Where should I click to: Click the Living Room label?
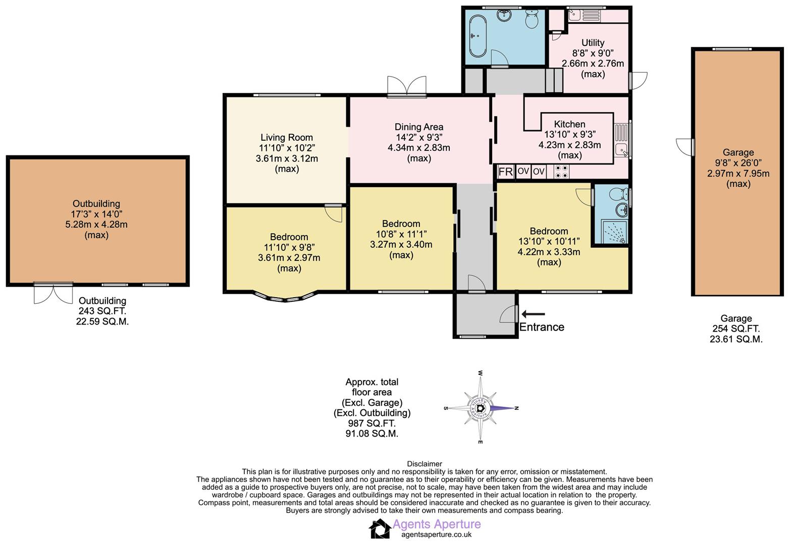(286, 137)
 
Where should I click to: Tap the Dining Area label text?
(418, 127)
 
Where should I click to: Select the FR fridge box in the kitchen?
(505, 172)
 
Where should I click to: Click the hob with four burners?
(561, 172)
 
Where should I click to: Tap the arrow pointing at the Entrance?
(533, 314)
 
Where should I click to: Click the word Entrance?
(542, 327)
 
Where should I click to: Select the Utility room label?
(593, 43)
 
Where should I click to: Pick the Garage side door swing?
(684, 147)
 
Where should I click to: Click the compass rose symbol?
(481, 408)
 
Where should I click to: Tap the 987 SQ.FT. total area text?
(372, 423)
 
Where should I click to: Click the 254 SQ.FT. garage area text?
(735, 329)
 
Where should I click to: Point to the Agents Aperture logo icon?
(380, 529)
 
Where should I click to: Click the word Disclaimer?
(424, 464)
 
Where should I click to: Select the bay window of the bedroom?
(286, 298)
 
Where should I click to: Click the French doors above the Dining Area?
(407, 86)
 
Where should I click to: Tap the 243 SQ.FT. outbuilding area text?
(102, 311)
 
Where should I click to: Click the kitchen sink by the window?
(621, 149)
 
